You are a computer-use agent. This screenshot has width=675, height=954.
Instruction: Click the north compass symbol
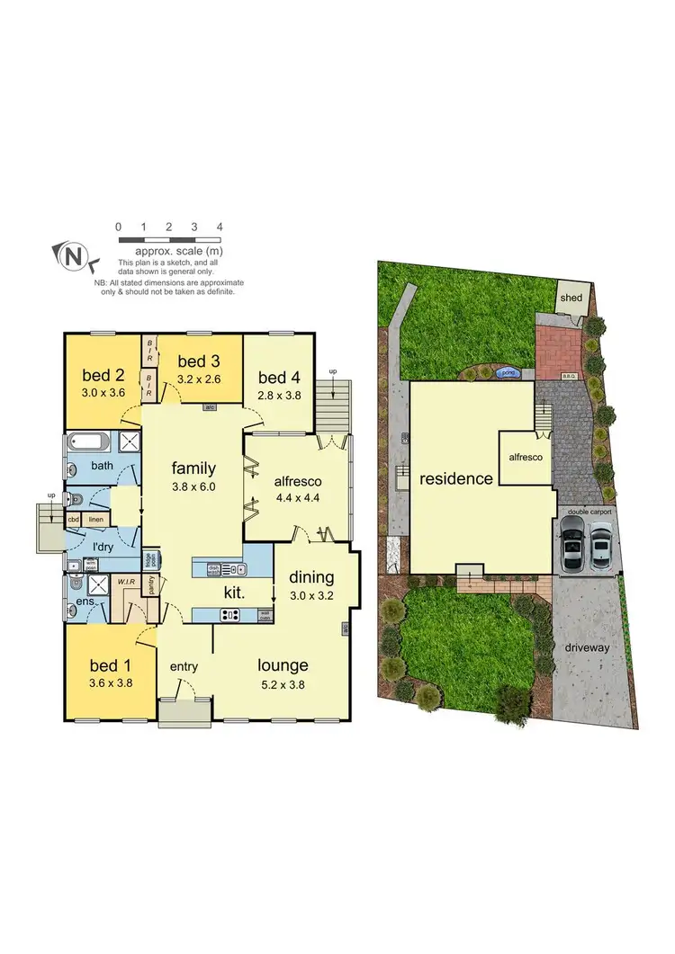coord(72,257)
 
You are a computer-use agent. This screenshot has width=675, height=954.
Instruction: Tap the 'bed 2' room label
coord(102,375)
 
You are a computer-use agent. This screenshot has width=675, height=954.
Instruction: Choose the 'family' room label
coord(194,468)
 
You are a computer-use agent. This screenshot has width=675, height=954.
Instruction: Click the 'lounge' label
coord(283,665)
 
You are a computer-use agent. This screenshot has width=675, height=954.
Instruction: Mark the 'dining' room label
coord(311,577)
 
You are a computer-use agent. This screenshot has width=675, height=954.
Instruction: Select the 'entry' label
coord(184,666)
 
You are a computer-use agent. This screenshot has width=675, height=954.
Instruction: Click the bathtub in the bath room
coord(88,442)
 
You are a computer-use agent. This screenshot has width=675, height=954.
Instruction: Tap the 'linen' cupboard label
coord(95,520)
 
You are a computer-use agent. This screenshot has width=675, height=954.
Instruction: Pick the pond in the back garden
coord(508,371)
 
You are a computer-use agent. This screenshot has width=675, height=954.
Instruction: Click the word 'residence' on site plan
coord(456,478)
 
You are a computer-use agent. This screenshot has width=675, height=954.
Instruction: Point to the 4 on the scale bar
coord(219,227)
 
